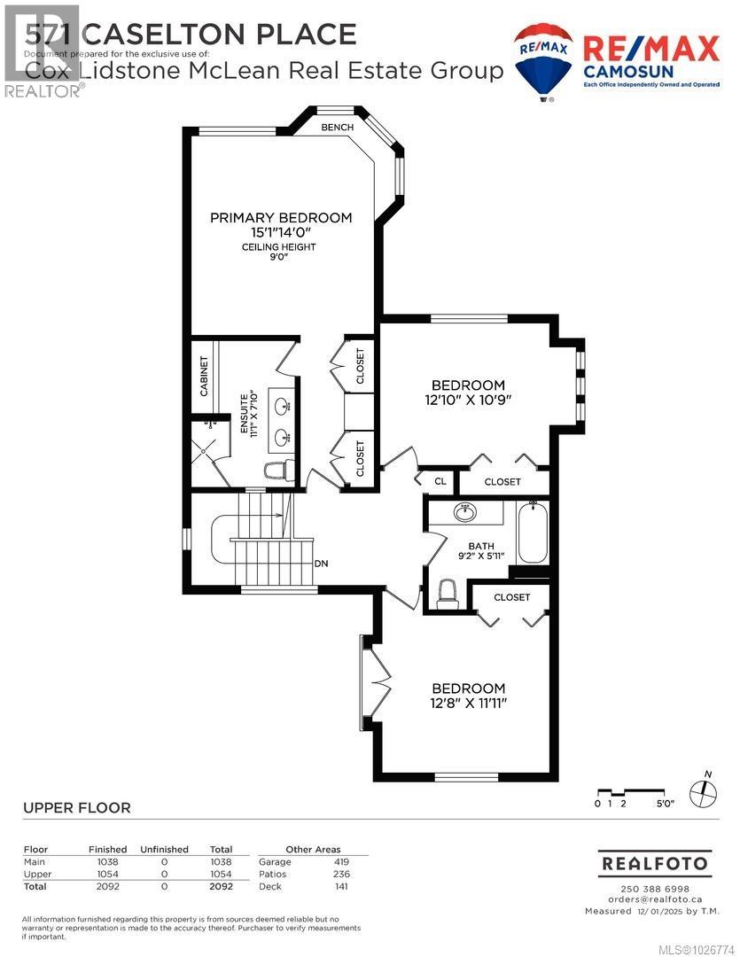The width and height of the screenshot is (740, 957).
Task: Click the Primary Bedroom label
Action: pos(280,217)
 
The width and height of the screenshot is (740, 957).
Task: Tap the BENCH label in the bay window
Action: pos(338,128)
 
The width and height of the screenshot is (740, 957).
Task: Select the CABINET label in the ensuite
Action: pos(203,375)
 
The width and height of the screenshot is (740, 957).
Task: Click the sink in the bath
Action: pos(463,512)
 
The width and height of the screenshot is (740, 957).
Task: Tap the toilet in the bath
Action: pos(448,593)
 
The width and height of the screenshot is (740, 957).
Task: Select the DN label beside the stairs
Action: pos(322,564)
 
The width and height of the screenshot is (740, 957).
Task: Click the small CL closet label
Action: pos(440,481)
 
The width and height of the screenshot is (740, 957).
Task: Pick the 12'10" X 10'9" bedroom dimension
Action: pos(468,401)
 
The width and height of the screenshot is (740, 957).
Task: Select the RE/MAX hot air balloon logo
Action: pos(544,62)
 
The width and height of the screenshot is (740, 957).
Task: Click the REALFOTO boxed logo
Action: pos(655,862)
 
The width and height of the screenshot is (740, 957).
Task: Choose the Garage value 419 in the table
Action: pos(340,861)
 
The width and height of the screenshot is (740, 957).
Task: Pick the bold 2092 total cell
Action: pos(221,885)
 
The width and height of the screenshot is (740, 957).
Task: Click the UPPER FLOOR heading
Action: pos(75,807)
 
